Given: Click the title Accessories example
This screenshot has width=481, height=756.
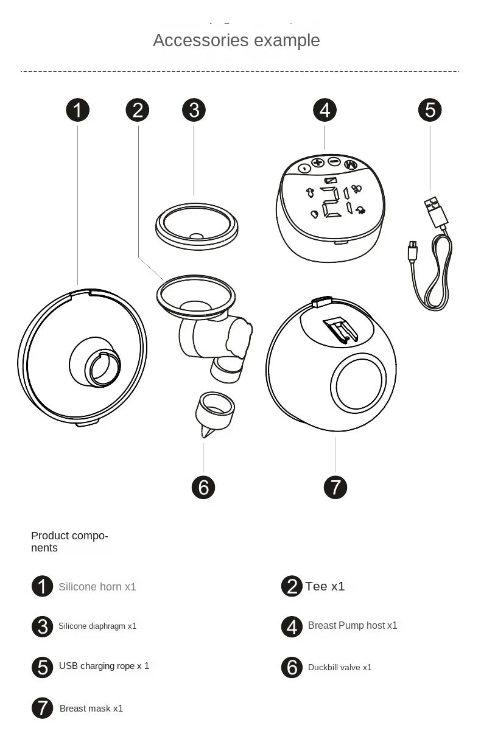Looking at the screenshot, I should pyautogui.click(x=236, y=40).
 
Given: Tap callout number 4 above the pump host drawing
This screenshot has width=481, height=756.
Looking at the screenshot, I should pyautogui.click(x=325, y=110).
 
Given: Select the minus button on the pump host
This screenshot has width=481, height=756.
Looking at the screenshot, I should pyautogui.click(x=334, y=161).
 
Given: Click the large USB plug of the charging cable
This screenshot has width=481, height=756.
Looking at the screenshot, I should pyautogui.click(x=434, y=210).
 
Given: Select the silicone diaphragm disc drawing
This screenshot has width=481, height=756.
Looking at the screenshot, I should pyautogui.click(x=195, y=226).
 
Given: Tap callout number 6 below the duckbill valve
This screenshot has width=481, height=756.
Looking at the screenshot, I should pyautogui.click(x=203, y=487).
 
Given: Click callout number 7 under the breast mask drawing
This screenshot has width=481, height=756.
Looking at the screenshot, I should pyautogui.click(x=335, y=487).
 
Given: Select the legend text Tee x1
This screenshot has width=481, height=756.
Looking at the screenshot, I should pyautogui.click(x=325, y=586).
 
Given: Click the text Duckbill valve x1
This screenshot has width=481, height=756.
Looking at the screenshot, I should pyautogui.click(x=340, y=667).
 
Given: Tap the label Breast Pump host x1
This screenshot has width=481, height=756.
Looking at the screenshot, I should pyautogui.click(x=353, y=625).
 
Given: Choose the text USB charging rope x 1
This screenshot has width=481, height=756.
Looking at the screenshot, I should pyautogui.click(x=104, y=666).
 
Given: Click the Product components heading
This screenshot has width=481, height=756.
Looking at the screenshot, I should pyautogui.click(x=69, y=542).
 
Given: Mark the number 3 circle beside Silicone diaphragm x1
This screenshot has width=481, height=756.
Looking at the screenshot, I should pyautogui.click(x=42, y=626).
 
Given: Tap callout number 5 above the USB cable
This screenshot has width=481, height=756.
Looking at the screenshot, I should pyautogui.click(x=430, y=110).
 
